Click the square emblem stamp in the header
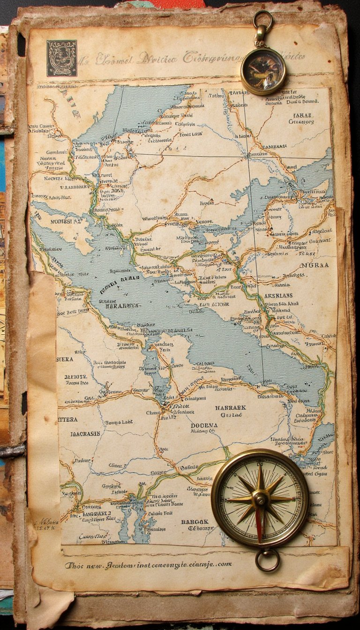tap(61, 58)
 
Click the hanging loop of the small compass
tap(262, 20)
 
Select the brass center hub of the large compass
tap(260, 498)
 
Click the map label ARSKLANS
tap(278, 296)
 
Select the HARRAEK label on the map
tap(231, 408)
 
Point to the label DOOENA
tap(205, 426)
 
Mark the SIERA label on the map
tap(65, 360)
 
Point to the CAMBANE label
tap(275, 146)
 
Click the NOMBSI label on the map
tap(66, 221)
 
